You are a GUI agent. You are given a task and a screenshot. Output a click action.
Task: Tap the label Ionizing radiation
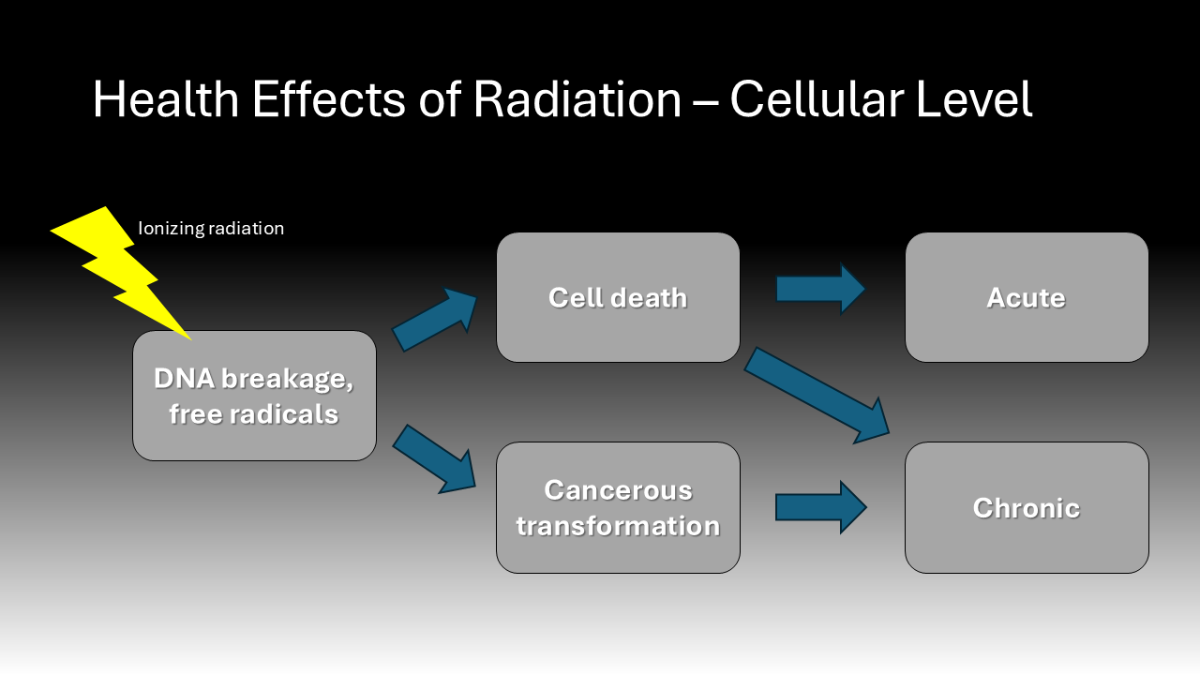pyautogui.click(x=211, y=229)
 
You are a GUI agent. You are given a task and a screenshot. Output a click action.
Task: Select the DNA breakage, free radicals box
pyautogui.click(x=254, y=396)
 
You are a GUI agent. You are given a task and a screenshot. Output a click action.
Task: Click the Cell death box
pyautogui.click(x=618, y=297)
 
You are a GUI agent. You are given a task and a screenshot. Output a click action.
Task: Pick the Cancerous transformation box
pyautogui.click(x=618, y=508)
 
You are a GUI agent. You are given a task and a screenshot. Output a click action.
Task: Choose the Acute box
pyautogui.click(x=1027, y=297)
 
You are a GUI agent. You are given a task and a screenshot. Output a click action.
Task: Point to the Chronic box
pyautogui.click(x=1027, y=508)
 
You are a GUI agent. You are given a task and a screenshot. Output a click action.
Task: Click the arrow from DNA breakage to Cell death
pyautogui.click(x=435, y=320)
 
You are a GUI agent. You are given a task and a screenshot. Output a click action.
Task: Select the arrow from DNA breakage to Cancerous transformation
pyautogui.click(x=435, y=459)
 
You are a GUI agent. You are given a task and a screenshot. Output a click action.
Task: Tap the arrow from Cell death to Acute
pyautogui.click(x=820, y=289)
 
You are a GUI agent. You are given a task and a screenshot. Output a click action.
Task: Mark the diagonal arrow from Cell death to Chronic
pyautogui.click(x=817, y=396)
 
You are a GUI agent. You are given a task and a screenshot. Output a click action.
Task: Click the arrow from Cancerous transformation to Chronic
pyautogui.click(x=820, y=507)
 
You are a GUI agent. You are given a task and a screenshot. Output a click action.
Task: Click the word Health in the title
pyautogui.click(x=166, y=99)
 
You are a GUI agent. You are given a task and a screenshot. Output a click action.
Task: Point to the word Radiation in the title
pyautogui.click(x=577, y=99)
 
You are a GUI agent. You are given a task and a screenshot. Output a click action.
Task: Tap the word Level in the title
pyautogui.click(x=974, y=99)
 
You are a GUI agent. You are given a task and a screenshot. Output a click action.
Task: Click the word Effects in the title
pyautogui.click(x=329, y=99)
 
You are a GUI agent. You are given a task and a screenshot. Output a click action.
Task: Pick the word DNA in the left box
pyautogui.click(x=185, y=379)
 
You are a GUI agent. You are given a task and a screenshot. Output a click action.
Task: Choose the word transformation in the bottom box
pyautogui.click(x=618, y=526)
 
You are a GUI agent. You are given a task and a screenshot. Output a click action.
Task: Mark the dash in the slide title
pyautogui.click(x=706, y=103)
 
